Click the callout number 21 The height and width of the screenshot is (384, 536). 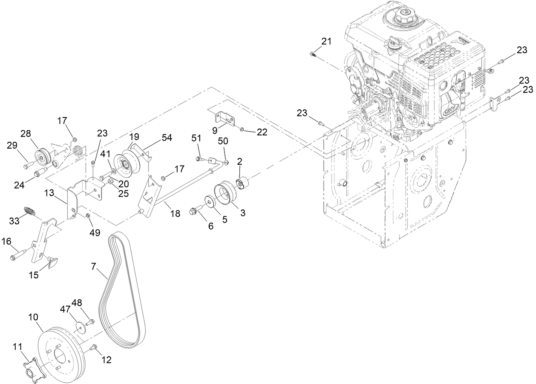point(326,41)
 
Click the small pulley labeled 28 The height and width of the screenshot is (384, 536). point(42,158)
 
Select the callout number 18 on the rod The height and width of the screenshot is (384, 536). point(175,214)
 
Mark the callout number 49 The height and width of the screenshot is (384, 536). point(94,233)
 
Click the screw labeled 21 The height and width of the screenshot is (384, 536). point(313,54)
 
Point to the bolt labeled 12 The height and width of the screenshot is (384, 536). point(94,349)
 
